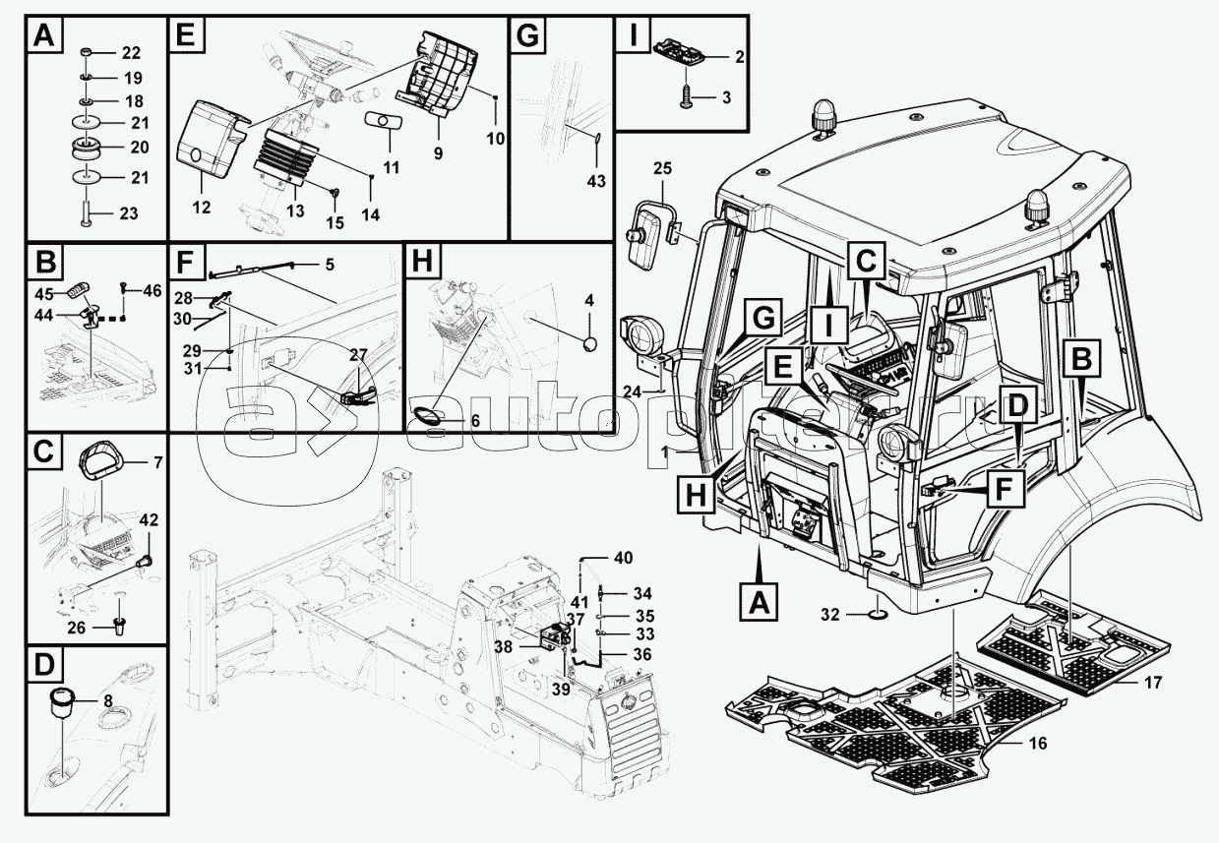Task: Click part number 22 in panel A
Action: point(131,53)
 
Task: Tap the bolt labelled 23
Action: point(86,212)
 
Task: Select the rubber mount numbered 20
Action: point(87,149)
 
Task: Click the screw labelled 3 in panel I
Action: point(686,96)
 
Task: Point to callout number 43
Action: point(596,181)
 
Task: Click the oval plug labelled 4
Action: point(590,344)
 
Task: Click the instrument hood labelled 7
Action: point(101,461)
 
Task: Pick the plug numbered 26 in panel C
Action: point(118,626)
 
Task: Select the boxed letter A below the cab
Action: point(760,602)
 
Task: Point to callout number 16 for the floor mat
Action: point(1039,743)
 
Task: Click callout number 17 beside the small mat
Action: point(1153,682)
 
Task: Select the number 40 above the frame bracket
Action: point(624,558)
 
